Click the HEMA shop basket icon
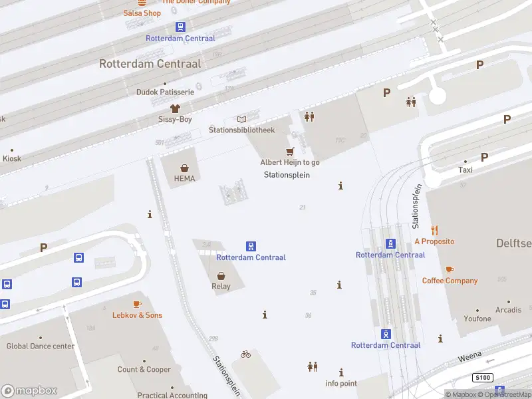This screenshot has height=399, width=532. click(184, 168)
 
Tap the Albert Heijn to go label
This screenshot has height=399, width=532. click(289, 162)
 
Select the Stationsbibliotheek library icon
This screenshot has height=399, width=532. click(241, 119)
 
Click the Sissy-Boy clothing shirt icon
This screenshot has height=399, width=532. click(175, 108)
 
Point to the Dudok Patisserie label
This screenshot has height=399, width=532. click(165, 92)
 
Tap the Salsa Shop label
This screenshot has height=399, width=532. click(142, 13)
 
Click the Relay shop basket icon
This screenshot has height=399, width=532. click(221, 275)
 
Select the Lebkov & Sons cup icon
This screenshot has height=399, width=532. click(137, 304)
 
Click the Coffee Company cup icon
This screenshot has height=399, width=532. click(450, 269)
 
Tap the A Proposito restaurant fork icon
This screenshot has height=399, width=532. click(434, 230)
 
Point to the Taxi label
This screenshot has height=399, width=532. click(465, 170)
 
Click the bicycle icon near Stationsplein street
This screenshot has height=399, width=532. click(246, 354)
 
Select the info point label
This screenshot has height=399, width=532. click(341, 383)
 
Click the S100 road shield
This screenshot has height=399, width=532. click(482, 378)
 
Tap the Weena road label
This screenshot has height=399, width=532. click(470, 358)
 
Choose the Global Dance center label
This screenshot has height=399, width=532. click(41, 346)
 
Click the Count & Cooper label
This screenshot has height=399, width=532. click(144, 369)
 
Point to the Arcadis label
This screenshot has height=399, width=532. click(509, 310)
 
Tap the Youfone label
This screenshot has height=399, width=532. click(478, 319)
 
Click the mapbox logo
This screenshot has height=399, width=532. click(29, 391)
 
